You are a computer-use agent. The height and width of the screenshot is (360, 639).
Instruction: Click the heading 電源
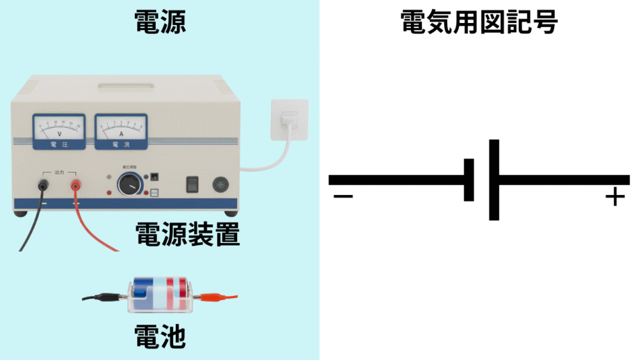(x=160, y=22)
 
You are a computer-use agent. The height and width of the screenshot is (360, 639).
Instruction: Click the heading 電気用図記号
(x=479, y=22)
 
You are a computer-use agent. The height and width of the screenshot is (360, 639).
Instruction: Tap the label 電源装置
(x=187, y=235)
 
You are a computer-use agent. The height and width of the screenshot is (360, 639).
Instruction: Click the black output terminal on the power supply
(x=43, y=186)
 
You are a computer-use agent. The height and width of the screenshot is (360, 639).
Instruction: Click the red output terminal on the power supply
(x=75, y=186)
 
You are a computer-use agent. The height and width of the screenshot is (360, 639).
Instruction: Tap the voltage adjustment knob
(x=129, y=185)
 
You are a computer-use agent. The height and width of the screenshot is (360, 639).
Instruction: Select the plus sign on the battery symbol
(x=614, y=197)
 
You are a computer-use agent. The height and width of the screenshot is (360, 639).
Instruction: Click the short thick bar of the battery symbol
(x=469, y=180)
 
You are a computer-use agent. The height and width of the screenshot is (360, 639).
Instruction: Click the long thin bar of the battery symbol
(x=494, y=180)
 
